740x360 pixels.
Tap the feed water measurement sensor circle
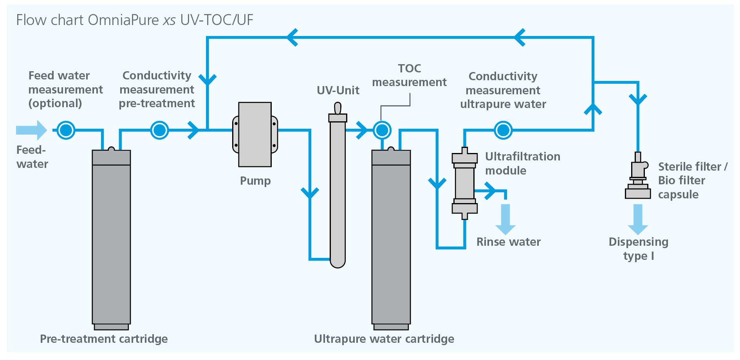(x=66, y=130)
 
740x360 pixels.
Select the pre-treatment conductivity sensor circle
(x=159, y=130)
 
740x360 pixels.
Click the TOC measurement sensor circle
(x=382, y=130)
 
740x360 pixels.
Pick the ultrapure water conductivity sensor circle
(x=503, y=130)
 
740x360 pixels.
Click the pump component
(x=255, y=134)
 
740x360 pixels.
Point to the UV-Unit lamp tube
(x=338, y=188)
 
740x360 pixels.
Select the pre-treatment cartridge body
(x=111, y=239)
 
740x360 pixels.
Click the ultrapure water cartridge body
(x=391, y=239)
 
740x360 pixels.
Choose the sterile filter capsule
(x=638, y=178)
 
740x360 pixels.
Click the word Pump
(x=255, y=181)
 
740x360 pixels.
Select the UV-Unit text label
(x=338, y=90)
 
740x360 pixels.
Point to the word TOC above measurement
(x=410, y=68)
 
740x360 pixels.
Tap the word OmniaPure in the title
(x=123, y=20)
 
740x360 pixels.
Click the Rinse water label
(x=508, y=242)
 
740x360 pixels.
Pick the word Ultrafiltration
(x=523, y=157)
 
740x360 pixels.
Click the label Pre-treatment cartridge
(x=104, y=339)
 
